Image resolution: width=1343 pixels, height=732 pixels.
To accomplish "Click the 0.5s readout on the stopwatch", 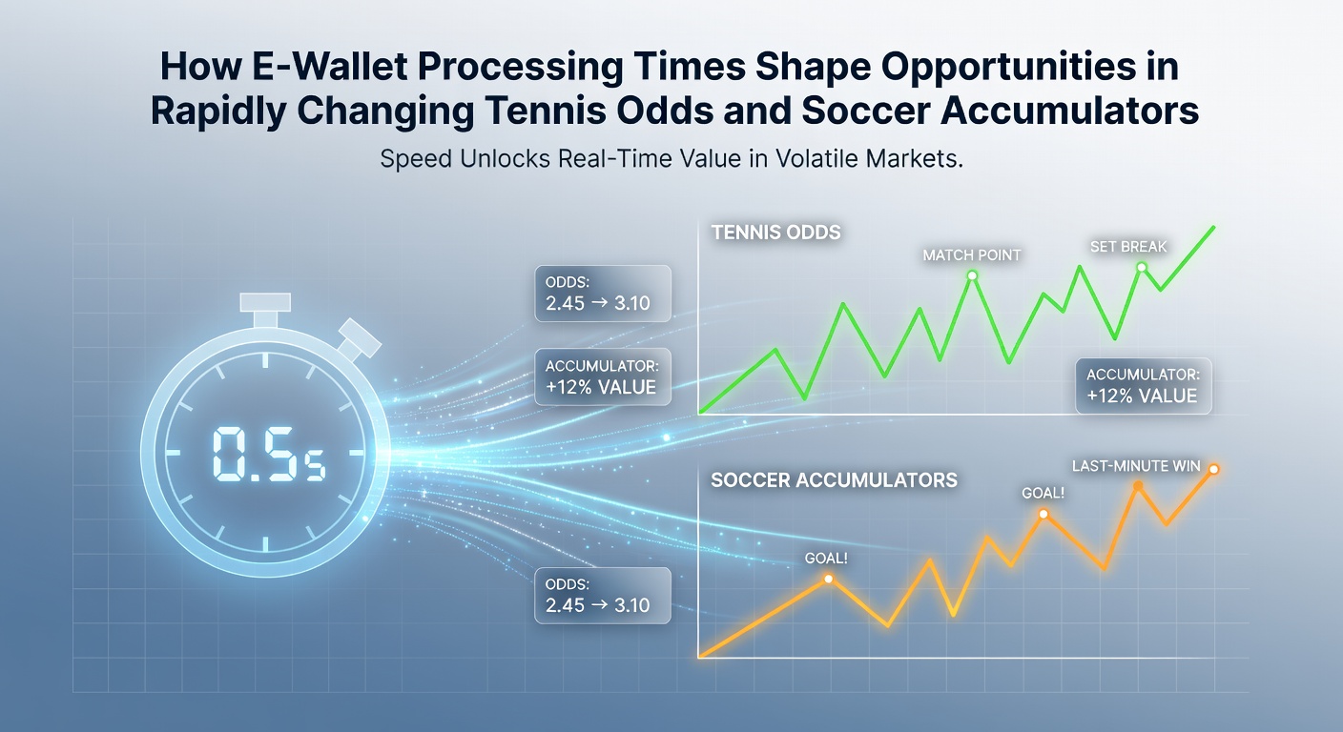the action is [269, 454].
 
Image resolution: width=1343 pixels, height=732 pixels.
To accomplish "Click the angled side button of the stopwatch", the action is [360, 338].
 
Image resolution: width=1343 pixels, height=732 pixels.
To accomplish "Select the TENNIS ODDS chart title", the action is [775, 233].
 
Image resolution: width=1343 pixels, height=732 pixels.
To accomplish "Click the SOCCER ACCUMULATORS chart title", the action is [834, 480].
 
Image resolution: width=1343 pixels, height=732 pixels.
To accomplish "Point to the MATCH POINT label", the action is [971, 255].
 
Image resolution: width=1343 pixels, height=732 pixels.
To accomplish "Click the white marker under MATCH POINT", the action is [972, 275].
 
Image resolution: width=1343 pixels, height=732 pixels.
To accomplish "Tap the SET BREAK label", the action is [1128, 247].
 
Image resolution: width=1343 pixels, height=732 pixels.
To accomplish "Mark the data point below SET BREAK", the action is [1142, 267].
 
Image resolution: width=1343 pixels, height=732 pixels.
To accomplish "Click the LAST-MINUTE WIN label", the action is [1136, 466].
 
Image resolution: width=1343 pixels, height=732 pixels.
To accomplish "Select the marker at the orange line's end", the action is [1213, 470].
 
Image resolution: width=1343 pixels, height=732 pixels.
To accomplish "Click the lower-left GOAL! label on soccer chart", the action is [826, 559].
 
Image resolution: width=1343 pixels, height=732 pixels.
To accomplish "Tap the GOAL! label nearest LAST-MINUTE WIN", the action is [1043, 493].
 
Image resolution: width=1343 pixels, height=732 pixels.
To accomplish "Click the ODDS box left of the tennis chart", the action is [603, 294].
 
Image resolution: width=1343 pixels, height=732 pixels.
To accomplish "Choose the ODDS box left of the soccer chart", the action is [603, 596].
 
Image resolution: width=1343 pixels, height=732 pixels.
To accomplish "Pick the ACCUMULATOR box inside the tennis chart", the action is [1144, 386].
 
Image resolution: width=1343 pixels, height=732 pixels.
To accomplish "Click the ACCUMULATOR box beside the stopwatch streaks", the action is [603, 376].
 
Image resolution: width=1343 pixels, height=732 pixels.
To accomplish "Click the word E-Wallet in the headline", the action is [330, 66].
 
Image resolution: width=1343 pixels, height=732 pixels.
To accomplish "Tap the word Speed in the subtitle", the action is [416, 159].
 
